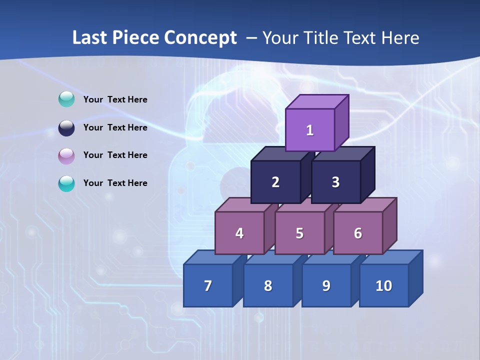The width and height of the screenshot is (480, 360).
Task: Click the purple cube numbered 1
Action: point(310,130)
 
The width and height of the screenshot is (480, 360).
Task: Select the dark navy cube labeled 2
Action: point(275,182)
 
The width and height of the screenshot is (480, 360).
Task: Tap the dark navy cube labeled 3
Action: point(335,182)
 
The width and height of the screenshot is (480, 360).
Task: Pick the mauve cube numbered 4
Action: point(239,233)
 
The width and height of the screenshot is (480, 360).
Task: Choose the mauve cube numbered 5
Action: point(299,233)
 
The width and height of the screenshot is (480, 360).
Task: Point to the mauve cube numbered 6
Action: point(358,233)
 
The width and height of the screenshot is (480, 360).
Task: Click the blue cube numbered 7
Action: point(208,285)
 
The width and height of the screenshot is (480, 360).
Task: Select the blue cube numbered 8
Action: point(268,285)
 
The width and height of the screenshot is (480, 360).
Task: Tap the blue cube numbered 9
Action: point(326,285)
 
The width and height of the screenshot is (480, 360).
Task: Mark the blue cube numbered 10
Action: point(383,285)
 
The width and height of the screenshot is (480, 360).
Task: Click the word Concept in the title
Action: point(200,38)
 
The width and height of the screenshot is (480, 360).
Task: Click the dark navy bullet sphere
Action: point(66,128)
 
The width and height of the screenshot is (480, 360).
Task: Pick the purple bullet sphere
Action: point(66,156)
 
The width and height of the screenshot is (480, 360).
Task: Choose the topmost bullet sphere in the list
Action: point(66,99)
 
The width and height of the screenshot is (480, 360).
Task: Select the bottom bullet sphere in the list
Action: point(66,183)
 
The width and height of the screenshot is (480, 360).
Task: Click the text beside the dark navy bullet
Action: point(115,127)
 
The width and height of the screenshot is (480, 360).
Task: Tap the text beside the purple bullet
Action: point(115,155)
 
